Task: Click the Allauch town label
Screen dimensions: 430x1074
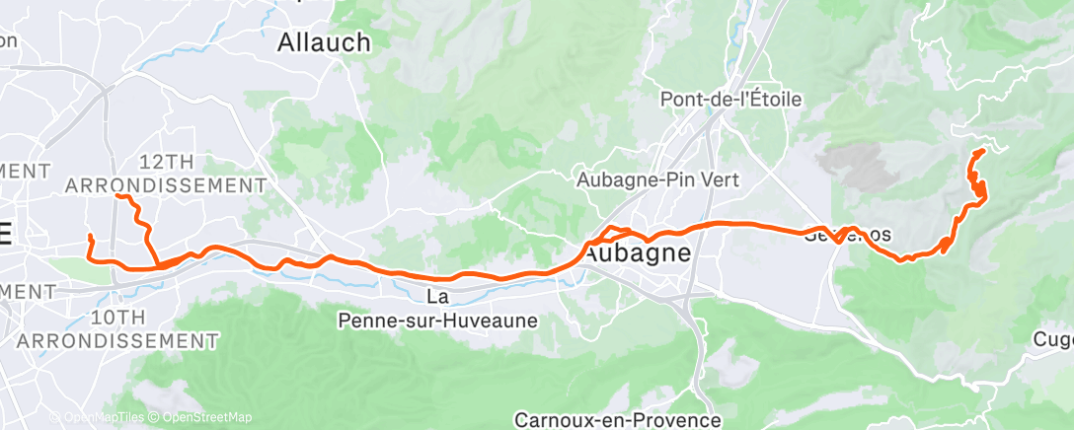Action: tap(324, 42)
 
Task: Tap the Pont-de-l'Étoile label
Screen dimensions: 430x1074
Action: tap(730, 100)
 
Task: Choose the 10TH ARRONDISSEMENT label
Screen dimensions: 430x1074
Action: tap(116, 328)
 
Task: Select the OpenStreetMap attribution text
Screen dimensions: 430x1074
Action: tap(193, 418)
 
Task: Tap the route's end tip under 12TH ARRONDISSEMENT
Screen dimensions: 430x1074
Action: tap(117, 196)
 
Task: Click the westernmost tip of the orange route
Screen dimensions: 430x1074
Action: tap(90, 237)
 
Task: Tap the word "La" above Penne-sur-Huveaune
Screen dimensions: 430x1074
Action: tap(438, 297)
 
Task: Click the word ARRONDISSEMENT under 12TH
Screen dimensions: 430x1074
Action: tap(165, 185)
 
